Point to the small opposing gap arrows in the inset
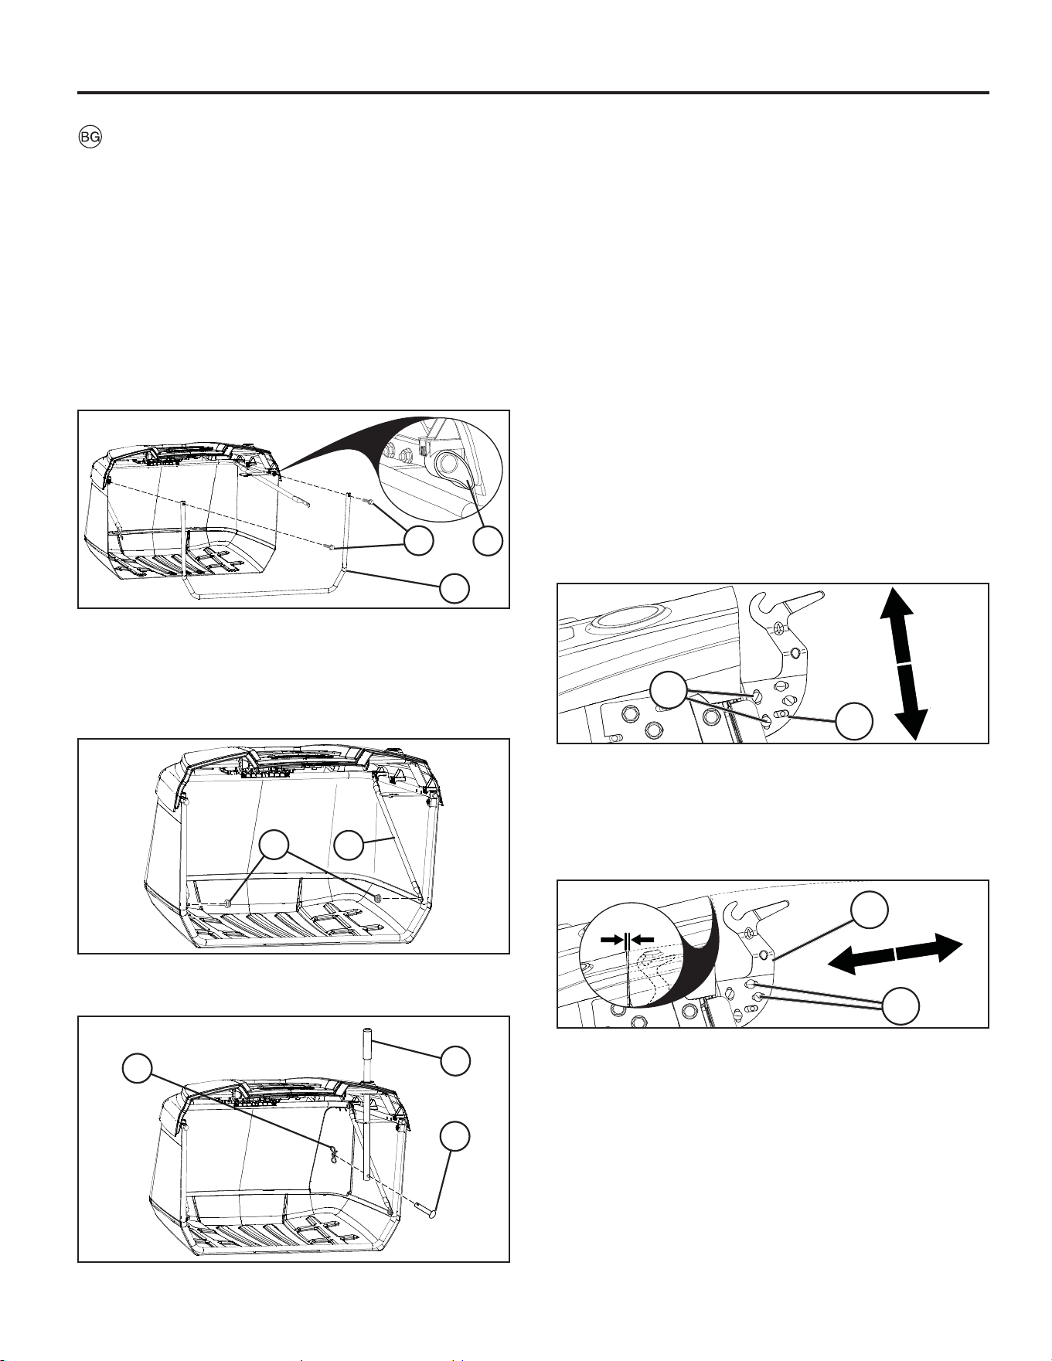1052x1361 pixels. (627, 939)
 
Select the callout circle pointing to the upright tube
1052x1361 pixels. (455, 1060)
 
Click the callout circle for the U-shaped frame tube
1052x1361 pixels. (455, 588)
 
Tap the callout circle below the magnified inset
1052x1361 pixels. (489, 541)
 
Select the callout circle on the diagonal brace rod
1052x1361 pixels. (349, 845)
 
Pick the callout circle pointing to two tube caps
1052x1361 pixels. (274, 845)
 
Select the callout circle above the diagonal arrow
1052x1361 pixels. (869, 910)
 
